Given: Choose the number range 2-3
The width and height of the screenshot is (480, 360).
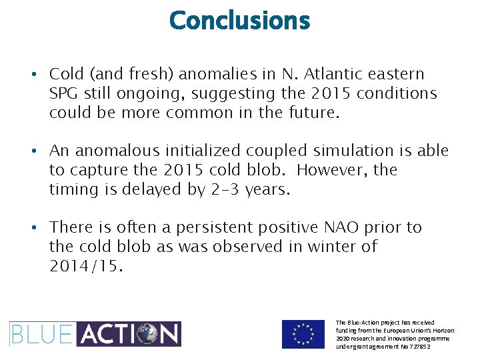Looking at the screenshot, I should (x=222, y=190).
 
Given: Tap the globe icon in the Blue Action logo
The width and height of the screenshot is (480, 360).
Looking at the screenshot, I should (x=145, y=334).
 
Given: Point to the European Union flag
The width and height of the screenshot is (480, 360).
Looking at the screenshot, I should (x=303, y=334).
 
